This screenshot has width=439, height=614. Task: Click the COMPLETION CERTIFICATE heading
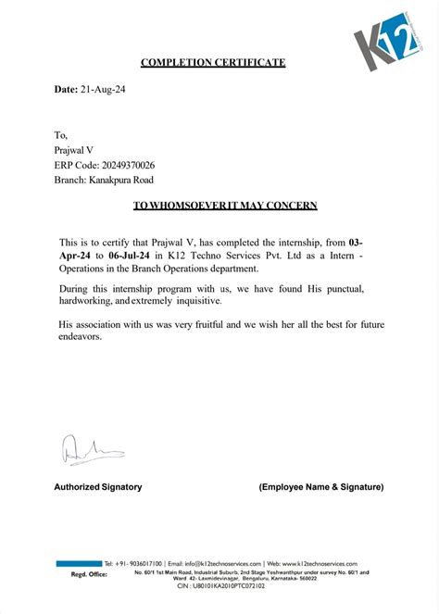click(213, 63)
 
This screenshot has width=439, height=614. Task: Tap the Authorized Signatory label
click(97, 486)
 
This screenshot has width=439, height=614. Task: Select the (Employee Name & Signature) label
click(320, 486)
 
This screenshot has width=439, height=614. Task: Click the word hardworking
click(83, 302)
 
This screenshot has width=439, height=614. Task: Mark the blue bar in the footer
click(78, 563)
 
